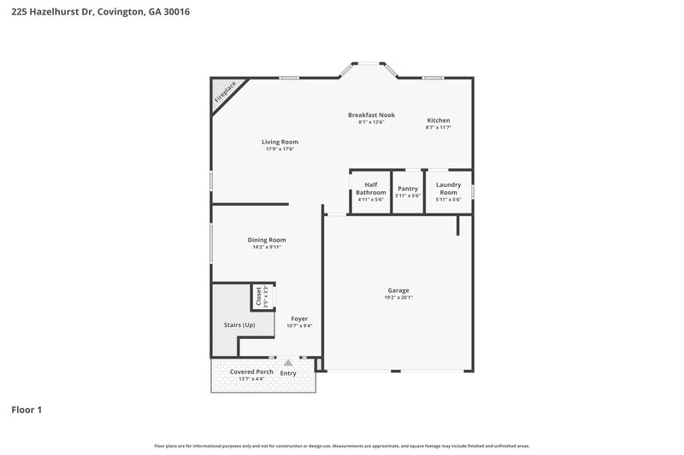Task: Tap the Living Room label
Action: coord(280,142)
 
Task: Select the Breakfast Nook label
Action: coord(371,114)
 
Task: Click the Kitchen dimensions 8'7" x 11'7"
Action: coord(438,128)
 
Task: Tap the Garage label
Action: coord(398,291)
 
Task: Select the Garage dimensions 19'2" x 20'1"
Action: coord(398,299)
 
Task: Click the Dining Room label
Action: coord(267,240)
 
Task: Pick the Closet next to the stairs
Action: coord(258,296)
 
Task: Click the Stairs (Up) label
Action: coord(239,325)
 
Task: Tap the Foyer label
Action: coord(299,318)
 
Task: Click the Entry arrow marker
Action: coord(288,363)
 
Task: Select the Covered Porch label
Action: coord(251,372)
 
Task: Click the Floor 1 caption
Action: coord(27,410)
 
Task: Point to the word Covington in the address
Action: coord(123,12)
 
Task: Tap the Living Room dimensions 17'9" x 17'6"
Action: coord(280,149)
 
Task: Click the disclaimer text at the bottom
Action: coord(342,446)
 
